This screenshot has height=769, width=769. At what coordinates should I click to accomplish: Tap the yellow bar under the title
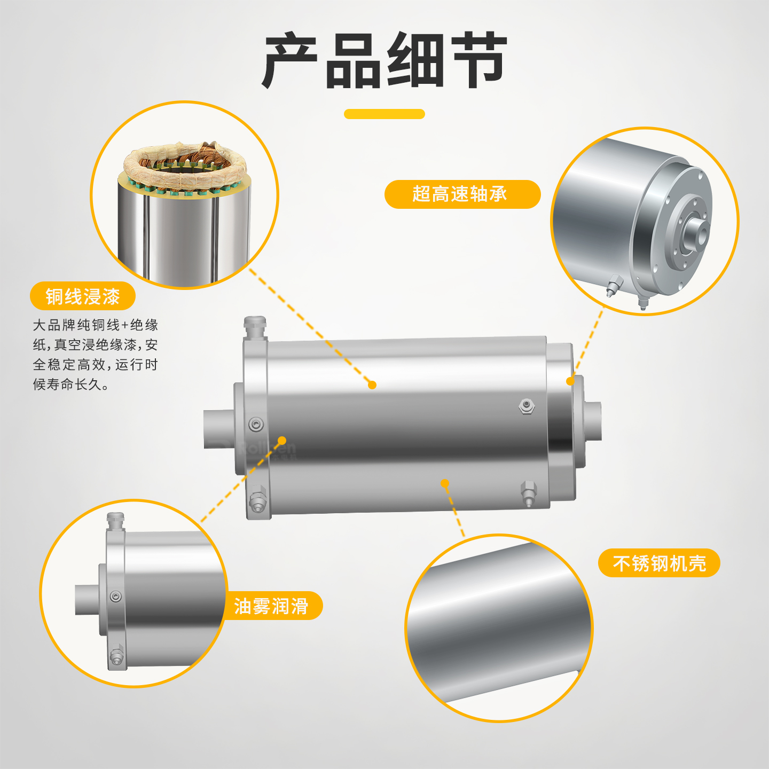(384, 114)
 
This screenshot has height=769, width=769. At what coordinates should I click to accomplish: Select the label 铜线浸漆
(83, 296)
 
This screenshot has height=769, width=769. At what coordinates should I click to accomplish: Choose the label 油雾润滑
(271, 606)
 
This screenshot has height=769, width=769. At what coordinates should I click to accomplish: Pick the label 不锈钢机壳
(659, 563)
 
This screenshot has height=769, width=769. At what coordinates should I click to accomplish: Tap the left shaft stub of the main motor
(219, 429)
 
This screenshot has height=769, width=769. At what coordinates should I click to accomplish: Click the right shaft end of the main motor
(593, 421)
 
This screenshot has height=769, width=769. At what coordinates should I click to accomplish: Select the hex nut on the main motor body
(527, 406)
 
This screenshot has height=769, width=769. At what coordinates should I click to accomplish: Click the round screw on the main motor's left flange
(256, 424)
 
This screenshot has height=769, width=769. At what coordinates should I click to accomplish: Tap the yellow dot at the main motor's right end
(571, 381)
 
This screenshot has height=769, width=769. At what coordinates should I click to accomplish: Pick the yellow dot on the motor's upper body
(372, 385)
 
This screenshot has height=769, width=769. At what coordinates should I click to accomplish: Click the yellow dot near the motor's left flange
(282, 441)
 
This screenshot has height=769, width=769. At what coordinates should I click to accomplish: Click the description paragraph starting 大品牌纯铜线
(96, 355)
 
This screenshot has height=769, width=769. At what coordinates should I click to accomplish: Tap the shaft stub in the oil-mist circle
(88, 599)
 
